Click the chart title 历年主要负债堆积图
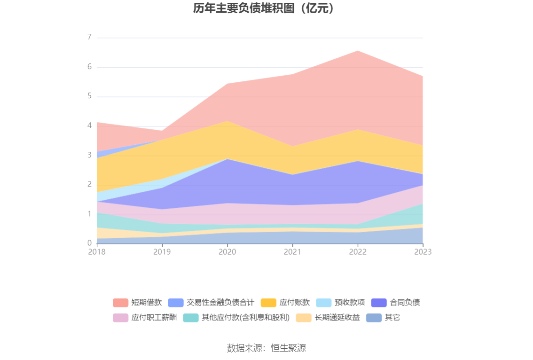pyautogui.click(x=266, y=8)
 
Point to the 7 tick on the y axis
pyautogui.click(x=89, y=38)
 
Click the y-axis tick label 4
pyautogui.click(x=89, y=125)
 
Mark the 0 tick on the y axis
pyautogui.click(x=89, y=243)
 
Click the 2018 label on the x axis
pyautogui.click(x=97, y=252)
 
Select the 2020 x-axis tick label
pyautogui.click(x=227, y=252)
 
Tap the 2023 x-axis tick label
pyautogui.click(x=423, y=252)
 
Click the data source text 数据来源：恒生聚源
pyautogui.click(x=266, y=348)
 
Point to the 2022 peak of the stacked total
pyautogui.click(x=358, y=50)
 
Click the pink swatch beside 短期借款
pyautogui.click(x=120, y=303)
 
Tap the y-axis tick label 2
pyautogui.click(x=89, y=184)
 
